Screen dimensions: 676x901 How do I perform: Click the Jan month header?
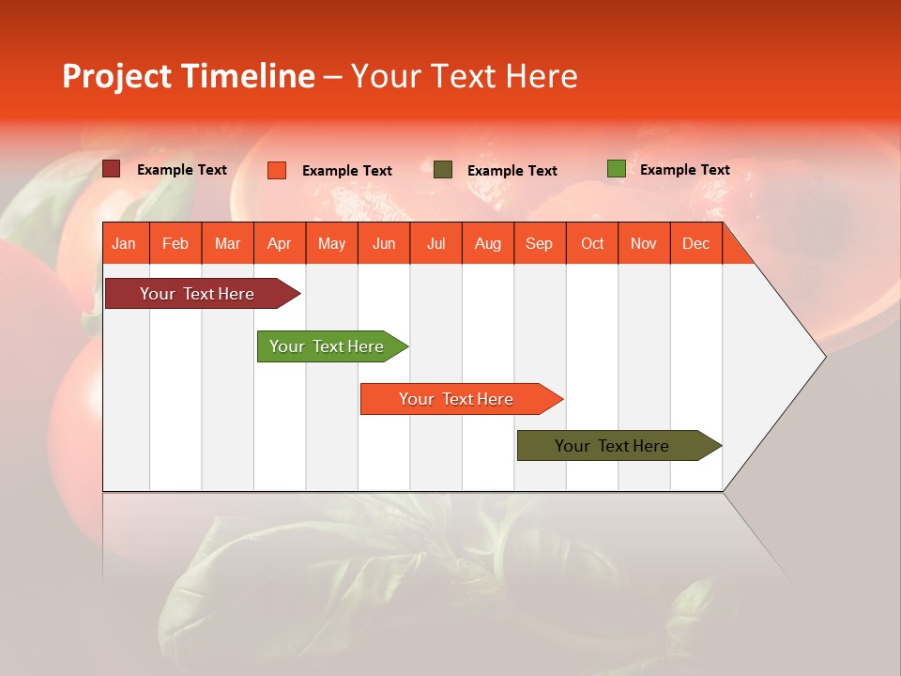click(x=124, y=244)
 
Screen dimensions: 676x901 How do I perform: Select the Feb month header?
click(x=176, y=244)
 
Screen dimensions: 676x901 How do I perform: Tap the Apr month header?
click(x=279, y=244)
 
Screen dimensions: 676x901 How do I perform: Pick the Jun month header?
click(x=384, y=244)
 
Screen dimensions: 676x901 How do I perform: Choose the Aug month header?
click(x=488, y=244)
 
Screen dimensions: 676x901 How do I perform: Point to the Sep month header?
click(x=539, y=244)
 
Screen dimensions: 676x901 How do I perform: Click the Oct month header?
click(x=592, y=244)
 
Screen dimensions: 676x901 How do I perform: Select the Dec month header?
click(x=695, y=244)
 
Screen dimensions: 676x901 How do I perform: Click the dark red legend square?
click(x=112, y=169)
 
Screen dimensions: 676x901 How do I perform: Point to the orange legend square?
click(x=277, y=170)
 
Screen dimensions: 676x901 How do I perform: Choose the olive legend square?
click(x=443, y=170)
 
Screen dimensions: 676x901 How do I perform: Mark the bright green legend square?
click(x=617, y=169)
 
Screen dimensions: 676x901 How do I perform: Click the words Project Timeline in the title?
click(x=189, y=76)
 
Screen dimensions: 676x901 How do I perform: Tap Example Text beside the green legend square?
click(x=684, y=170)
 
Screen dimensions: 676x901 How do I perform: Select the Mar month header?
click(x=227, y=244)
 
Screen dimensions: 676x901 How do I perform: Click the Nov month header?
click(x=644, y=244)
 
